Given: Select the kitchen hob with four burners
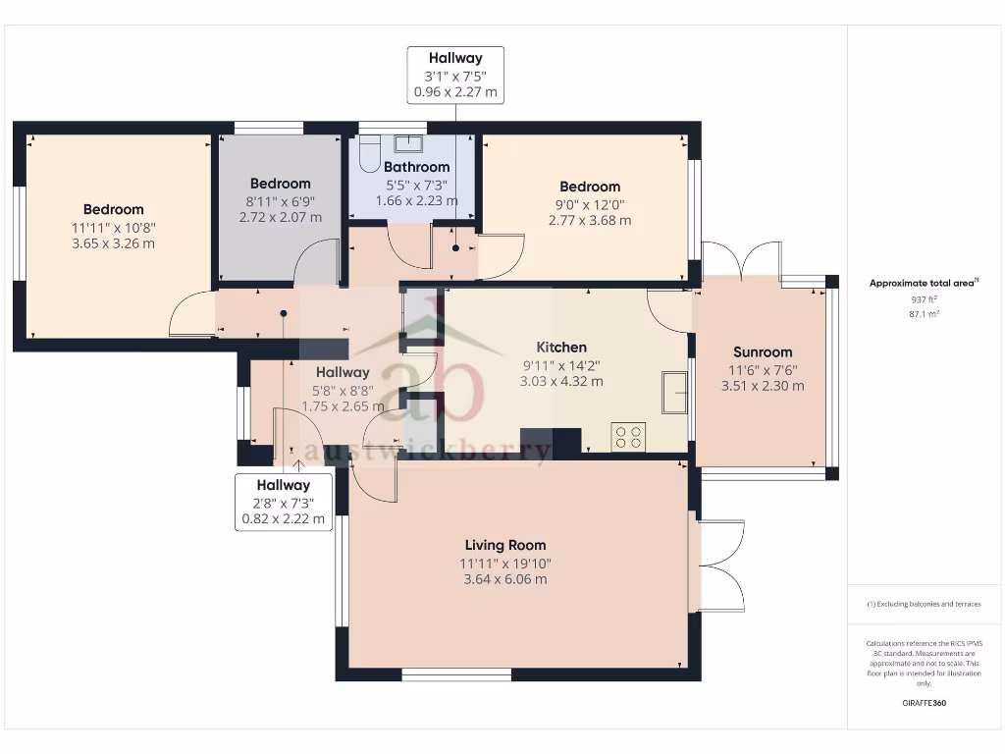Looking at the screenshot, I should coord(628,436).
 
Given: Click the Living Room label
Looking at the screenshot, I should coord(505,545).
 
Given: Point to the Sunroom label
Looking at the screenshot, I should coord(763,352).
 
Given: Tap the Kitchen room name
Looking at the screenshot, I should coord(561,347).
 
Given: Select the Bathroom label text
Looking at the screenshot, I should coord(416,167).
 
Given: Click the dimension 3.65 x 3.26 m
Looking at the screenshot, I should coord(113,243).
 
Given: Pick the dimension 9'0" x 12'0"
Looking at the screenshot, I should coord(590,204).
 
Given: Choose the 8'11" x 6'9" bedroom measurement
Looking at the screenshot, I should coord(280,200).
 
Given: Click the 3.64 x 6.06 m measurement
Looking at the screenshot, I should coord(505,579).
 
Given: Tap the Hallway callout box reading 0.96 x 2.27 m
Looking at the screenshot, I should coord(455,76).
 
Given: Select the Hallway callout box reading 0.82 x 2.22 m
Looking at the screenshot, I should coord(284,503).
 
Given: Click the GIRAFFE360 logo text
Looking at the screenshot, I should coord(924,703).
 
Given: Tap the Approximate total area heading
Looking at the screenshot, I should coord(923,283).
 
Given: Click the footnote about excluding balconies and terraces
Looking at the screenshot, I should coord(924,604).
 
